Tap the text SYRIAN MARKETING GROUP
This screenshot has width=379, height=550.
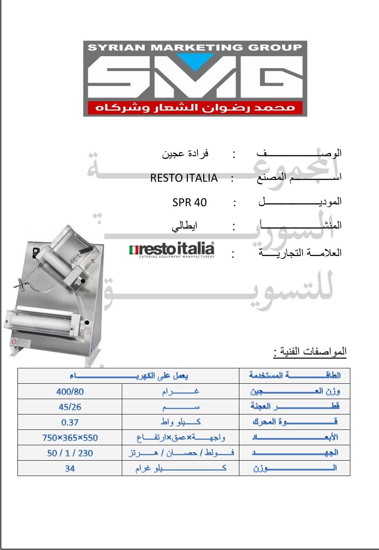[195, 47]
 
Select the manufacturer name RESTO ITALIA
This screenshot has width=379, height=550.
[184, 178]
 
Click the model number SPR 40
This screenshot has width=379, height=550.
[189, 202]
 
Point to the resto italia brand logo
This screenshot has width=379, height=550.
[172, 250]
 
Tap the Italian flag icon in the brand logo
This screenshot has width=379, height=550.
[134, 250]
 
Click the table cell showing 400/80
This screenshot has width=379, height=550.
[70, 391]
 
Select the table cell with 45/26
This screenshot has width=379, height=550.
[70, 407]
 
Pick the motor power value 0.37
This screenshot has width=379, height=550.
[70, 422]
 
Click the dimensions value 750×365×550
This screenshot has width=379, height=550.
[70, 437]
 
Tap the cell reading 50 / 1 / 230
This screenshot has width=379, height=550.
[70, 453]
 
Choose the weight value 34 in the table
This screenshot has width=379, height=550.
[70, 468]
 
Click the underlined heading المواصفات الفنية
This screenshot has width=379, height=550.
[310, 352]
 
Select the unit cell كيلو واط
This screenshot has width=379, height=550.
[181, 422]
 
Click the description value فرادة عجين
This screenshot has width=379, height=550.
[185, 154]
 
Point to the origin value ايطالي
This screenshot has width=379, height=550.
[185, 227]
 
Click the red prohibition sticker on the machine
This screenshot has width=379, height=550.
[14, 342]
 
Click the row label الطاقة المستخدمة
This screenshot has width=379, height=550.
[295, 376]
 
